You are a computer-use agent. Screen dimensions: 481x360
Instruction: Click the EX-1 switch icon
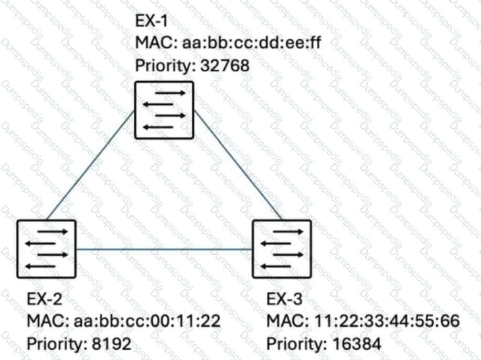(x=164, y=110)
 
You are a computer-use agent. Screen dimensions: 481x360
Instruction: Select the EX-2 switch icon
(x=46, y=249)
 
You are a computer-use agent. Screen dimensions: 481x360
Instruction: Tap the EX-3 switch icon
(x=282, y=249)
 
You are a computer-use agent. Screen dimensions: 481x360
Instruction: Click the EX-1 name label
(x=152, y=21)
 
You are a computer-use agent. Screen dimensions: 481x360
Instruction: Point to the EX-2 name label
(x=45, y=299)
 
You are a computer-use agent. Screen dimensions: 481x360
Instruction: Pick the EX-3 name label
(x=284, y=299)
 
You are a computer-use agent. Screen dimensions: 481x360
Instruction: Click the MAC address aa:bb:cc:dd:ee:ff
(x=252, y=42)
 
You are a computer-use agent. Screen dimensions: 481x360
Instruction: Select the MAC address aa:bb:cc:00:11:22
(x=147, y=321)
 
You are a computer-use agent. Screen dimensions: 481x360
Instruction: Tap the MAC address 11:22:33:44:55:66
(x=387, y=321)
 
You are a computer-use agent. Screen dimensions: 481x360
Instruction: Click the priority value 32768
(x=225, y=66)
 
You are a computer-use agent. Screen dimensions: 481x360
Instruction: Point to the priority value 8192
(x=112, y=344)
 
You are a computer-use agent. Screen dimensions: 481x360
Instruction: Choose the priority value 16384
(x=357, y=344)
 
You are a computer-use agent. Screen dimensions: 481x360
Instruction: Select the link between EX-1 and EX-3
(x=238, y=165)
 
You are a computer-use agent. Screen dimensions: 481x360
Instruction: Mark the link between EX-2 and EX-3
(x=164, y=249)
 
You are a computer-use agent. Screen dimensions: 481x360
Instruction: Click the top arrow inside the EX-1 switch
(x=170, y=93)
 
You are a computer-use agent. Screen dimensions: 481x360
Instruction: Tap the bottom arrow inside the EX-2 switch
(x=40, y=266)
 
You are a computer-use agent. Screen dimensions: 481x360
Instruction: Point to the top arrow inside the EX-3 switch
(x=288, y=232)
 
